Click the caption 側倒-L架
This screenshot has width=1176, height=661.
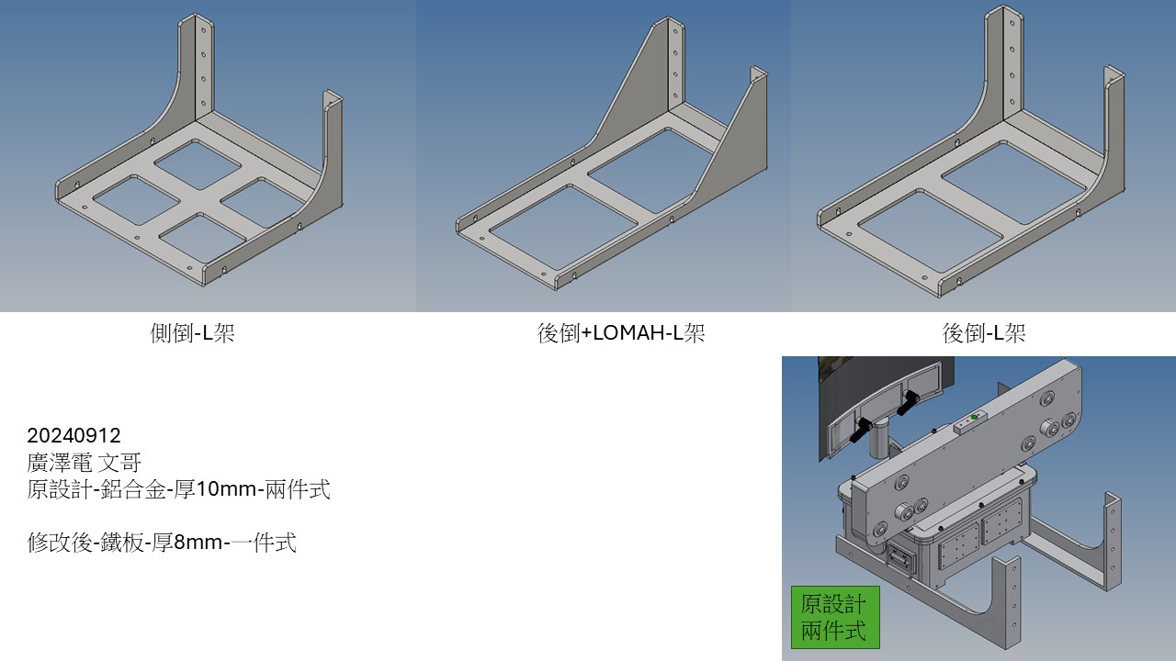192,332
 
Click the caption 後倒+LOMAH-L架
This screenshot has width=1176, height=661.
620,332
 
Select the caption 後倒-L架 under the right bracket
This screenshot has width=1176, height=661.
984,332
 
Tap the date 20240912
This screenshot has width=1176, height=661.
74,435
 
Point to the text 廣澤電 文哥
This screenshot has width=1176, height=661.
84,462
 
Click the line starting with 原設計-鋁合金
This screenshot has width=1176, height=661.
178,489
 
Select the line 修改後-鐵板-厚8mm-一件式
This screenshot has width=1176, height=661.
162,542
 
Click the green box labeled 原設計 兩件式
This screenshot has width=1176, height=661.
835,617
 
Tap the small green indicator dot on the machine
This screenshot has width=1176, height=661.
975,417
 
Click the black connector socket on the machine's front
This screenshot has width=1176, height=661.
901,561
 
